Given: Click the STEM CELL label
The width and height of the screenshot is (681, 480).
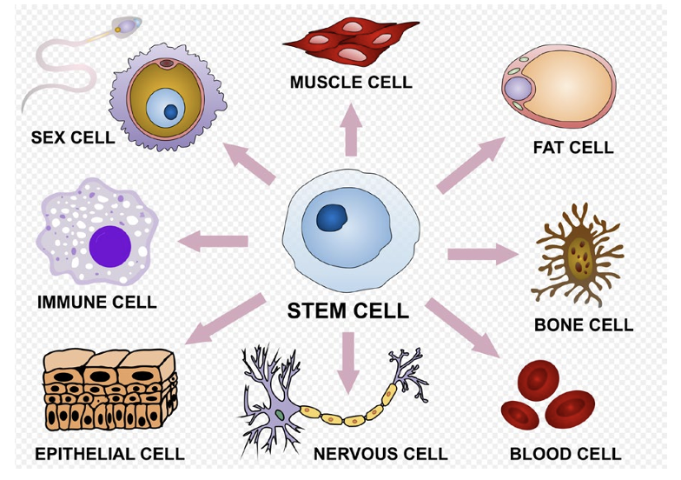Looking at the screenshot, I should pyautogui.click(x=347, y=310).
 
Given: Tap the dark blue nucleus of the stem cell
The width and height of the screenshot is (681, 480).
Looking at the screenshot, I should pyautogui.click(x=333, y=217).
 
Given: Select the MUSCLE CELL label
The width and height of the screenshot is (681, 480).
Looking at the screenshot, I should pyautogui.click(x=351, y=83).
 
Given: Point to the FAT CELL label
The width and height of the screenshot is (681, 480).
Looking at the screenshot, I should pyautogui.click(x=572, y=148).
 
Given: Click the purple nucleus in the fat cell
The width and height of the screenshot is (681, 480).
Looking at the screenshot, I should pyautogui.click(x=519, y=89).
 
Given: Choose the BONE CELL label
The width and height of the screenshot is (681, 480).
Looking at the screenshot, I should pyautogui.click(x=583, y=326).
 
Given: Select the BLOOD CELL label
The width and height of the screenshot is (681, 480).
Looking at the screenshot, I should pyautogui.click(x=565, y=454).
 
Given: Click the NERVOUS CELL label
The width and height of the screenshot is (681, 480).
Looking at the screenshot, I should pyautogui.click(x=380, y=454).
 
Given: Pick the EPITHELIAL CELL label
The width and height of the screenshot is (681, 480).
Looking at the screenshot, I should pyautogui.click(x=109, y=454).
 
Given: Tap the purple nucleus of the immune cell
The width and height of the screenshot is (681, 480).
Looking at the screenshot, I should pyautogui.click(x=109, y=245).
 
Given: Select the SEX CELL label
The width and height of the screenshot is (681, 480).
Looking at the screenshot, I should pyautogui.click(x=72, y=137).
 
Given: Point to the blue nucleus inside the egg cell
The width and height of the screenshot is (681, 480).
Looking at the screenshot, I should pyautogui.click(x=171, y=111).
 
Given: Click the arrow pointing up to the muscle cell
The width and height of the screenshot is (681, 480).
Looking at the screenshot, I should pyautogui.click(x=350, y=129).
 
